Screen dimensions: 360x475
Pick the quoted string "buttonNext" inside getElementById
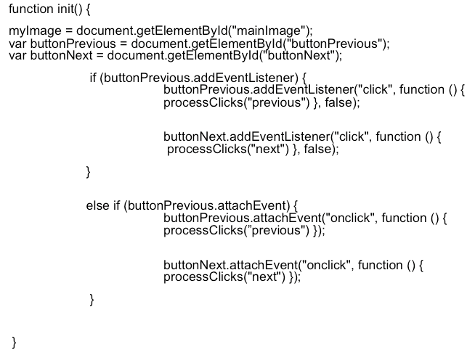pyautogui.click(x=306, y=56)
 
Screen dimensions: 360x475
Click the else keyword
pyautogui.click(x=97, y=205)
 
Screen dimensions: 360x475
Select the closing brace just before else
pyautogui.click(x=89, y=171)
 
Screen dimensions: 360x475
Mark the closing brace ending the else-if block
pyautogui.click(x=92, y=299)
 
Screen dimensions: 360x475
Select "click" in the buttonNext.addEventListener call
pyautogui.click(x=351, y=137)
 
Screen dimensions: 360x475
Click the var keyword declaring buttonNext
pyautogui.click(x=18, y=56)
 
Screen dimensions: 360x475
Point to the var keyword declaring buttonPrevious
pyautogui.click(x=18, y=44)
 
